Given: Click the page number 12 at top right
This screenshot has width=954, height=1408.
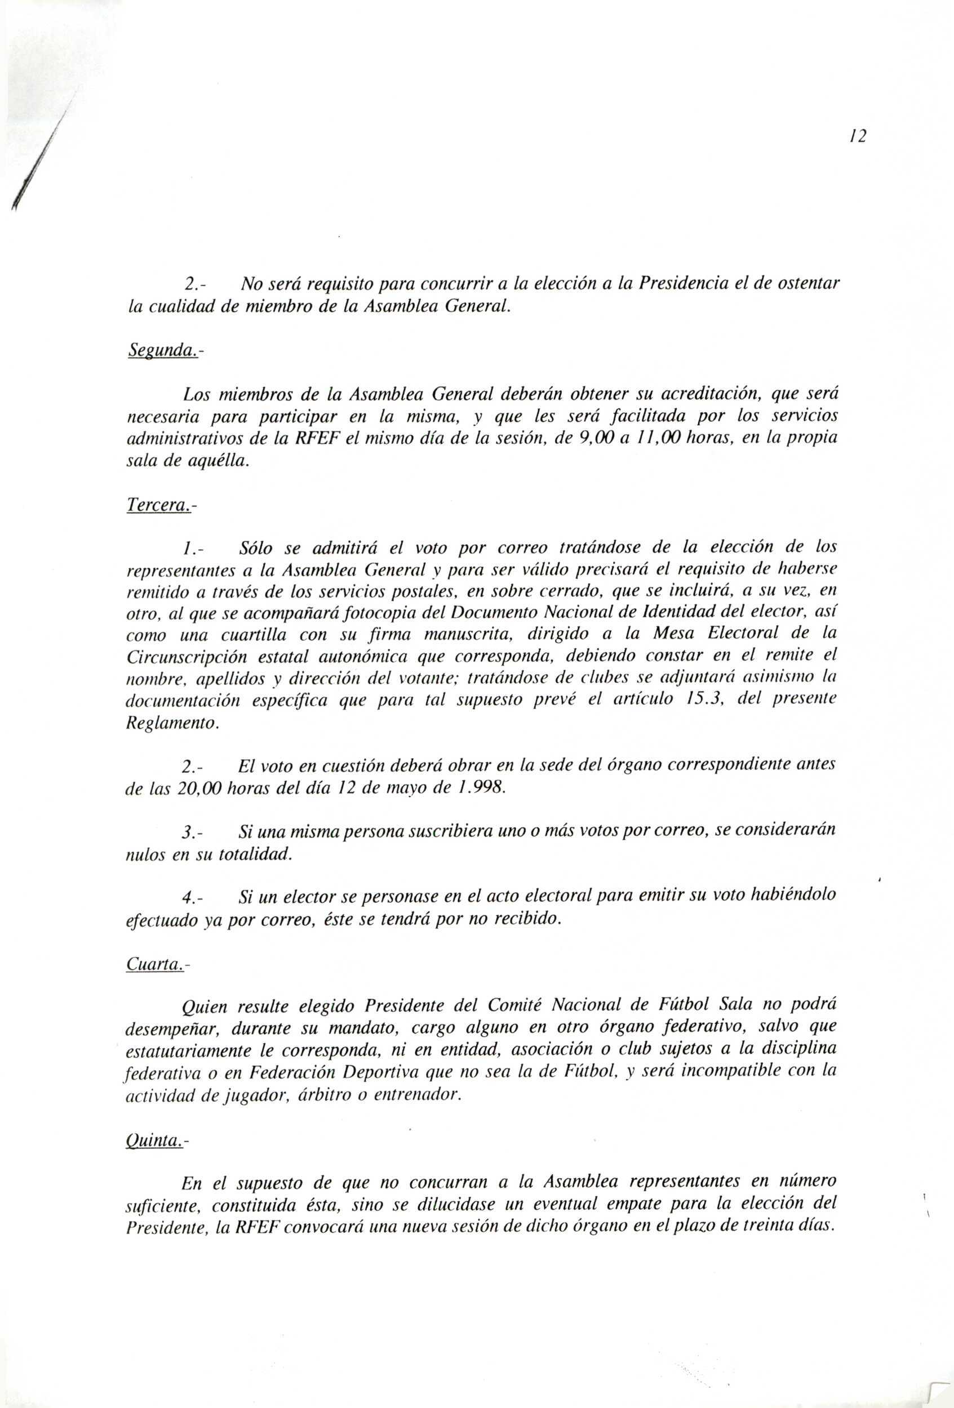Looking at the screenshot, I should pyautogui.click(x=858, y=137).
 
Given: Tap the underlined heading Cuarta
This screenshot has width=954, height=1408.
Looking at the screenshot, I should pyautogui.click(x=154, y=964).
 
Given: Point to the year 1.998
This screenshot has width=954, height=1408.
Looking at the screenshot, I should pyautogui.click(x=481, y=788).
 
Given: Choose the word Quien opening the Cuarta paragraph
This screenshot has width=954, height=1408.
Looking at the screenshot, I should pyautogui.click(x=204, y=1008).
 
